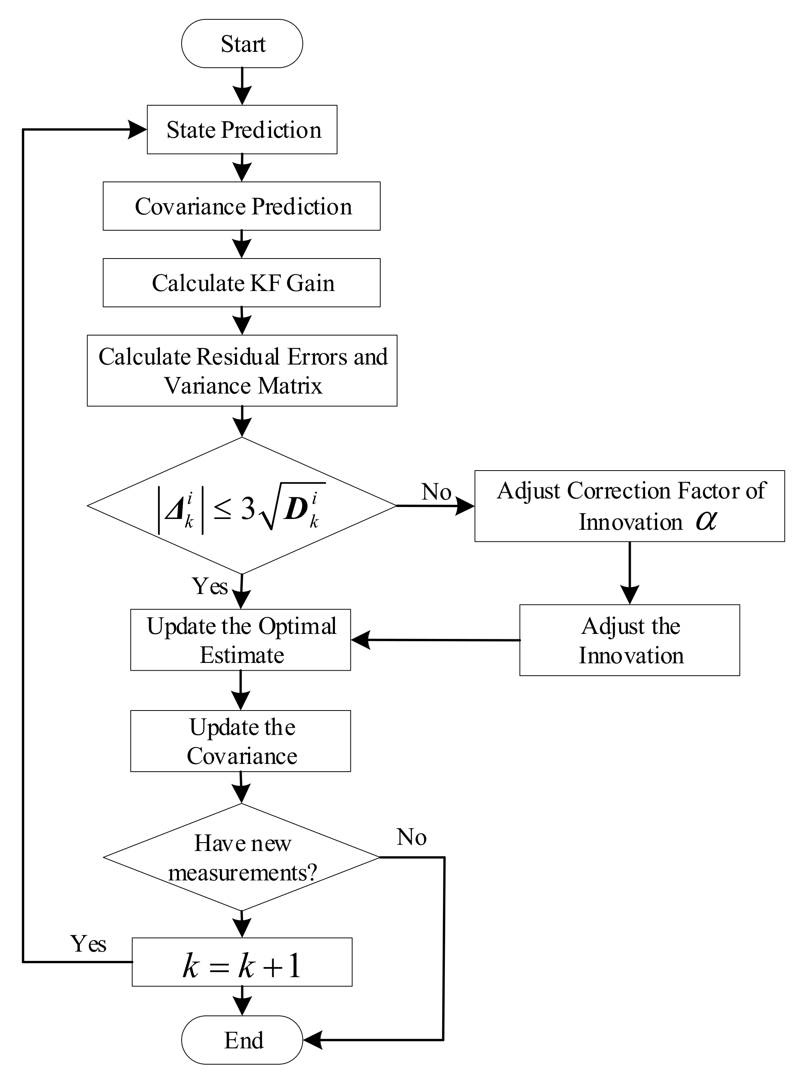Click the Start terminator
click(242, 44)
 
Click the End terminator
click(242, 1040)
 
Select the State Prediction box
click(242, 130)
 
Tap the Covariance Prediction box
click(242, 206)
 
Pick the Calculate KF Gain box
click(242, 283)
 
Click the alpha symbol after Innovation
click(705, 521)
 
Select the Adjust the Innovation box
click(630, 640)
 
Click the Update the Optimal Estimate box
click(241, 640)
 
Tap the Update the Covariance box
click(241, 741)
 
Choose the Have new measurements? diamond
click(242, 857)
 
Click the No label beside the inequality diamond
click(436, 492)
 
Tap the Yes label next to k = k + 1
click(88, 943)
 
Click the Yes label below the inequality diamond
click(210, 586)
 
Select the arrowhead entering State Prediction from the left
click(137, 130)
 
